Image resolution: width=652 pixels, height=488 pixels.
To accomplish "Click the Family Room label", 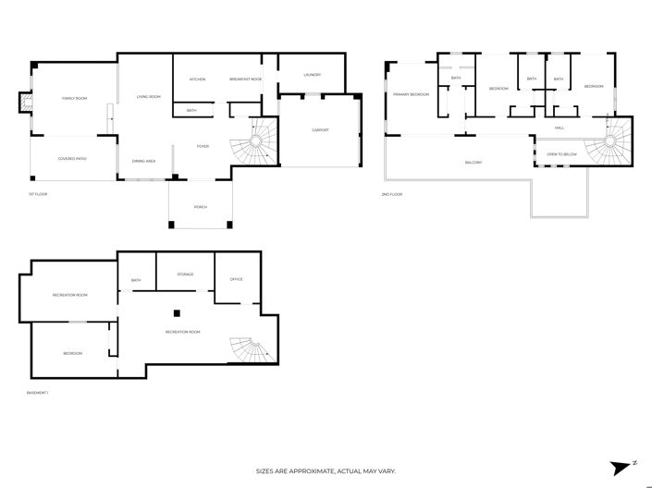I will tap(74, 97).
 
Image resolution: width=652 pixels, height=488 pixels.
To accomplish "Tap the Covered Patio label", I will tap(72, 159).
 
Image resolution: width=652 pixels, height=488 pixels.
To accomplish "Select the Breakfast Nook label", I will tap(246, 79).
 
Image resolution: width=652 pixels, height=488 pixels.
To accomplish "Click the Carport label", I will tap(320, 129).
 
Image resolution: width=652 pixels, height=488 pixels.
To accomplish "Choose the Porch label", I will tap(201, 207).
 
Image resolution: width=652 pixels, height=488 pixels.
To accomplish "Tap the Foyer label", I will tap(203, 146).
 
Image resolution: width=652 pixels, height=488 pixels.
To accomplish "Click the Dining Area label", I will tap(143, 161).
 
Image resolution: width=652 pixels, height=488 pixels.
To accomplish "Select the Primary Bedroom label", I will tap(411, 94).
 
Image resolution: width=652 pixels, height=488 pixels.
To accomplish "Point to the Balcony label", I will tap(474, 163).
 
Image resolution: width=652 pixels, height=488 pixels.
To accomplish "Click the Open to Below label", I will tap(561, 153).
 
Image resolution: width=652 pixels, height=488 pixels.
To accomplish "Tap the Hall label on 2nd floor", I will tap(560, 128).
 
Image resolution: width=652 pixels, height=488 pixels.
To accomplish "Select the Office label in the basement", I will tap(236, 278).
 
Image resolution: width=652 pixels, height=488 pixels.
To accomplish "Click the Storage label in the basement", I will tap(185, 274).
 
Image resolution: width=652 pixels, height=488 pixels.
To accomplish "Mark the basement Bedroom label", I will tap(72, 353).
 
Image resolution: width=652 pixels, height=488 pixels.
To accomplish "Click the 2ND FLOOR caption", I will tap(392, 194).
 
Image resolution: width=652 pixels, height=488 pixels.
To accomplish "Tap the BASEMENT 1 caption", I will tap(38, 393).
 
